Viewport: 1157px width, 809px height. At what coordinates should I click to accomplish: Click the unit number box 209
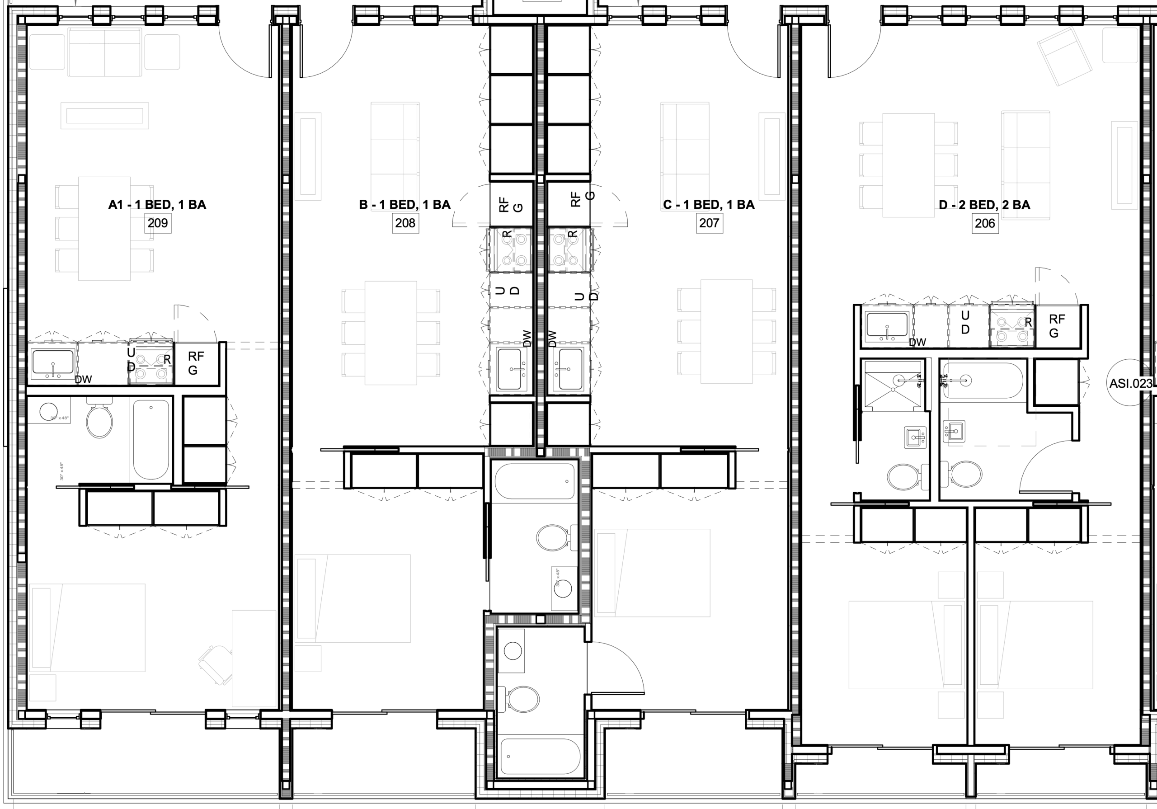point(158,223)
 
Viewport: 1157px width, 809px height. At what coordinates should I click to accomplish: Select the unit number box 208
point(405,223)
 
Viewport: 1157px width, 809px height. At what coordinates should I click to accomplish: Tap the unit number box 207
point(709,223)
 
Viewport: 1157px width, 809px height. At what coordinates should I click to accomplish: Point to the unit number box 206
point(985,223)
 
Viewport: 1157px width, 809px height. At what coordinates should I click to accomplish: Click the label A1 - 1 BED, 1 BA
point(157,205)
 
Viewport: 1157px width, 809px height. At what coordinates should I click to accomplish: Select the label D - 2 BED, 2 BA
point(984,205)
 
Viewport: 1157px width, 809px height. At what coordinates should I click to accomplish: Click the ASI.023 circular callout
point(1130,383)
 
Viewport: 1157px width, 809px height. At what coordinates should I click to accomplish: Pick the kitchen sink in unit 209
point(53,363)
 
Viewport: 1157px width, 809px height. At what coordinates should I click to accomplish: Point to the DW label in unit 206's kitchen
point(917,342)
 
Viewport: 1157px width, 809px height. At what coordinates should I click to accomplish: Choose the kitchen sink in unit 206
point(887,325)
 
